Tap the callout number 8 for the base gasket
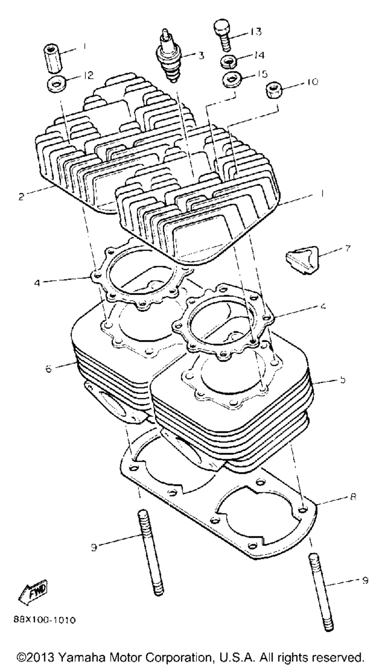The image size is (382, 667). [x=353, y=497]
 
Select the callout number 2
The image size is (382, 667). [x=21, y=197]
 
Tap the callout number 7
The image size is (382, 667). [x=347, y=249]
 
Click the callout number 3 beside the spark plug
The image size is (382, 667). [x=201, y=56]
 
